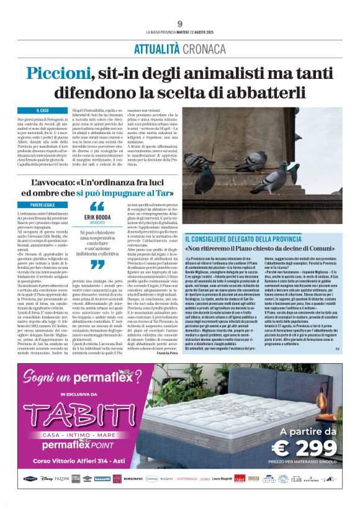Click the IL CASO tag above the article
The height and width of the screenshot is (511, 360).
click(43, 110)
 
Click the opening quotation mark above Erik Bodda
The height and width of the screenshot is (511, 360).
click(97, 207)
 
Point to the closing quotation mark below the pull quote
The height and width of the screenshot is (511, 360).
click(97, 265)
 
